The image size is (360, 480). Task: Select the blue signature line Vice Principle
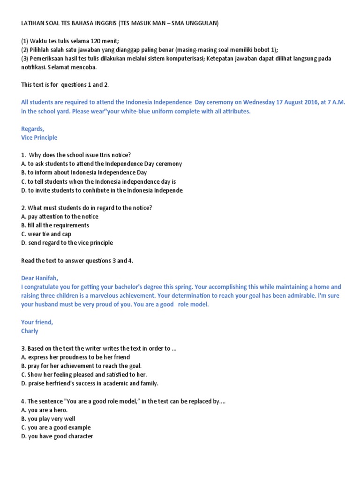click(39, 137)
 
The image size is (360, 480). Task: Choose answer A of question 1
click(101, 164)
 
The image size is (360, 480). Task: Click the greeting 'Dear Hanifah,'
click(40, 278)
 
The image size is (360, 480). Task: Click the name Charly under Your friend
click(30, 331)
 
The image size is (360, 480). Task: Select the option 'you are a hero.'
click(44, 410)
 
